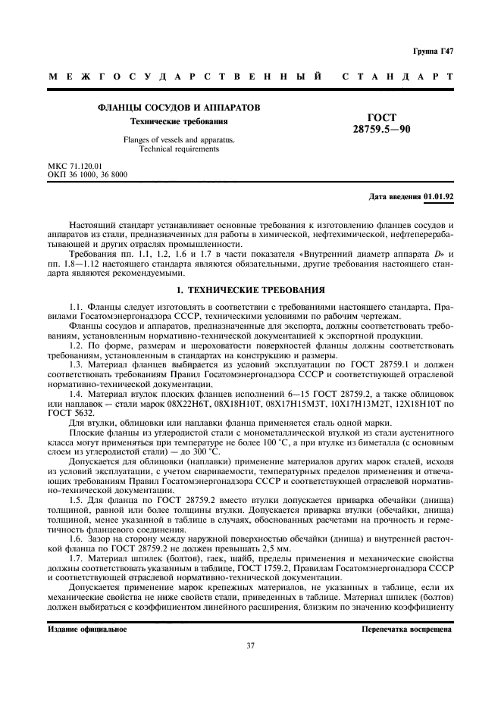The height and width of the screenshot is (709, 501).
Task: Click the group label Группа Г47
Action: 433,51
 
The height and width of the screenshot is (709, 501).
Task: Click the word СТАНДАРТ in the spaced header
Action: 398,77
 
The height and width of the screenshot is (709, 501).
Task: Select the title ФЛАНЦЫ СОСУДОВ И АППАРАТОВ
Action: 180,108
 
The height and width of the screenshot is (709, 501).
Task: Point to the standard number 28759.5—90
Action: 381,130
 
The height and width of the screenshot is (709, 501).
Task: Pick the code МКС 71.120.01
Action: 76,165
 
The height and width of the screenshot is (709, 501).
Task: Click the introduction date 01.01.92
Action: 439,197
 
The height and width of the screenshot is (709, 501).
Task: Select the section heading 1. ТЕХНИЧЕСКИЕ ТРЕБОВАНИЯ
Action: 250,289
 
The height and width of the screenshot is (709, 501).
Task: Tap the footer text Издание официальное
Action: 87,629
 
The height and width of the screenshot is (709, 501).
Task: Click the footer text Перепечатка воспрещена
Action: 407,629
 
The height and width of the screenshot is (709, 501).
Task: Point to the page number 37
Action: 250,645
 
